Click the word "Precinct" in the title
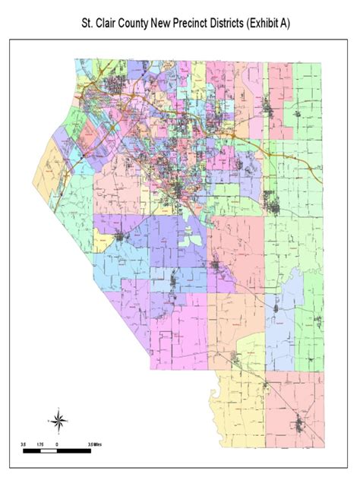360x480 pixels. click(x=204, y=25)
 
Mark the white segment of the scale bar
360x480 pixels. click(x=49, y=450)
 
